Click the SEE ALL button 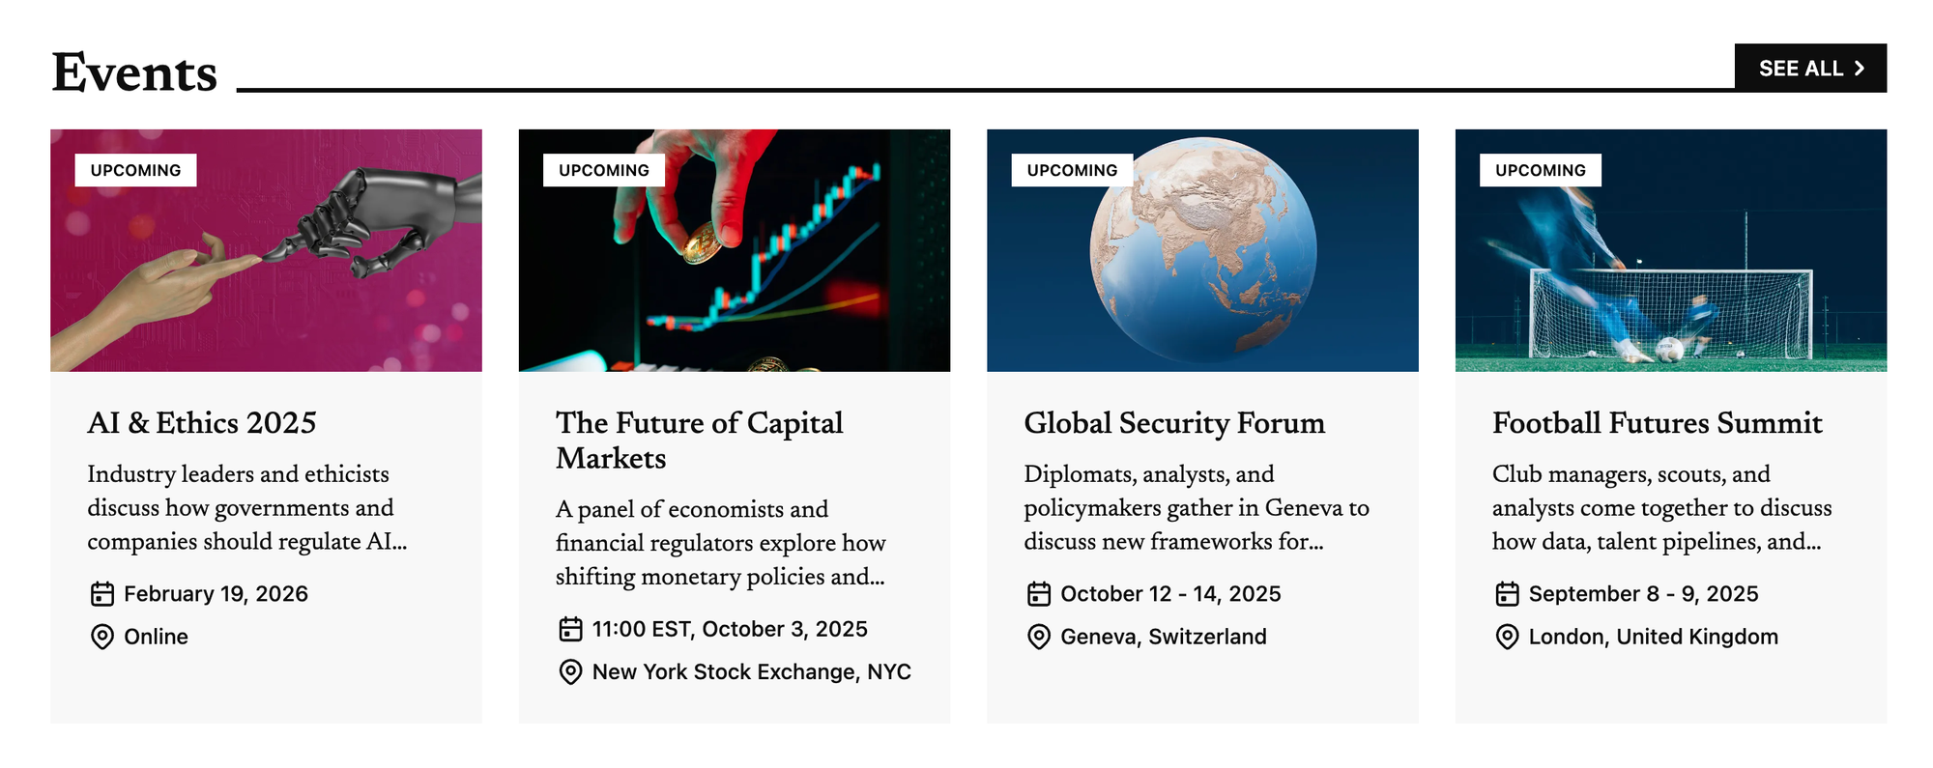1810,68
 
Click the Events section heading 134,72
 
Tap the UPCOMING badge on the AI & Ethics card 135,170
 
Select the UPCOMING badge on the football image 1541,170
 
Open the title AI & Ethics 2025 202,422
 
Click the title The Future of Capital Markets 700,440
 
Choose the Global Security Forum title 1174,422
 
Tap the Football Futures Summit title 1658,422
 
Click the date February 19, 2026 216,593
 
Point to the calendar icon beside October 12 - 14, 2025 1039,593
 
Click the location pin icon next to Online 101,637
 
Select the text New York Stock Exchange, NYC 751,671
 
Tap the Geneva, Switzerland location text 1164,637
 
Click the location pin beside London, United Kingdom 1507,637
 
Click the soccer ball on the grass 1669,350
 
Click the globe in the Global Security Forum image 1202,249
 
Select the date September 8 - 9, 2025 1643,593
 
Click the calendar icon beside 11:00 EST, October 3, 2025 570,629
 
